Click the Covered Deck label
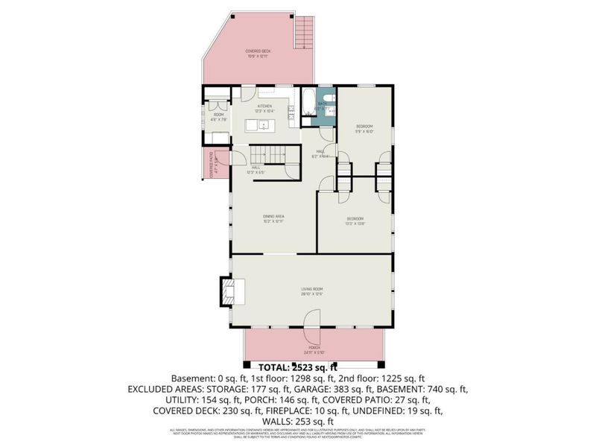coord(259,53)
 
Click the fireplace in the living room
coord(226,290)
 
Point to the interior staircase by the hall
coord(267,154)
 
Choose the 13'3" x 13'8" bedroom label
coord(355,220)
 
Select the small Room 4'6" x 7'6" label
coord(218,116)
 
